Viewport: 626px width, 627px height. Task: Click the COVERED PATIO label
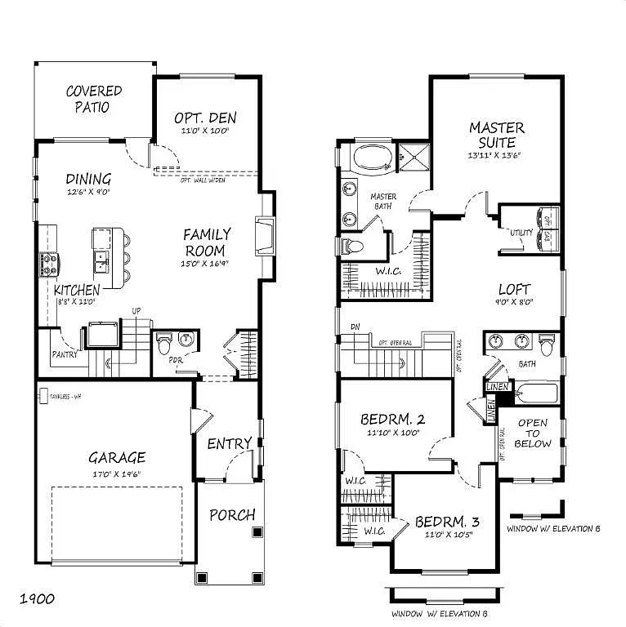click(94, 99)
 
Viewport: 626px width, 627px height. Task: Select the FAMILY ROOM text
click(207, 242)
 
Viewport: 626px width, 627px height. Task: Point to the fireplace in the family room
click(265, 236)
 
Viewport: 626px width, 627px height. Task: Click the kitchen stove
click(47, 264)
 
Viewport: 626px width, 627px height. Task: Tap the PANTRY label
click(64, 355)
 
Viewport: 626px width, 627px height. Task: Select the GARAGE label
click(117, 458)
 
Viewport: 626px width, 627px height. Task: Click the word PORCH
click(232, 515)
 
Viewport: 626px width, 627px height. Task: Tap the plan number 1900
click(38, 599)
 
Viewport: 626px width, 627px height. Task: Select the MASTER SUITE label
click(496, 136)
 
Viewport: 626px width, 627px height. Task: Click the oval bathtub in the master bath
click(372, 158)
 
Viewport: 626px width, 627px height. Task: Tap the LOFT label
click(514, 289)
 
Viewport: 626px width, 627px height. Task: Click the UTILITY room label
click(521, 233)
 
